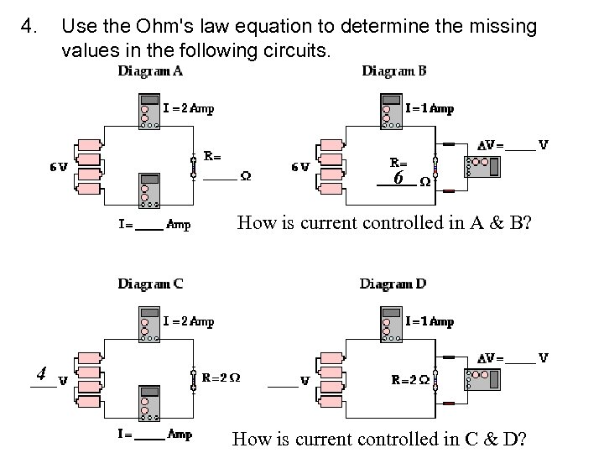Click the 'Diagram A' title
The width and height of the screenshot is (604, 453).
click(x=150, y=70)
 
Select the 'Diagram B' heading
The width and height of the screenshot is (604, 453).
click(x=393, y=70)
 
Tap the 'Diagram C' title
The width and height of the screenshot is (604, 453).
click(x=150, y=284)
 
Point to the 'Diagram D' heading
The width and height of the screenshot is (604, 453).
click(x=393, y=284)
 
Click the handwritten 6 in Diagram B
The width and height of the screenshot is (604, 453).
click(x=398, y=178)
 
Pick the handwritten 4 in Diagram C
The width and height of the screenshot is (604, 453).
click(x=40, y=372)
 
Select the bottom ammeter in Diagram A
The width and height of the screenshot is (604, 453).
click(x=149, y=190)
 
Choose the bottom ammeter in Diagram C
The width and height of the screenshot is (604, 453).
click(x=149, y=404)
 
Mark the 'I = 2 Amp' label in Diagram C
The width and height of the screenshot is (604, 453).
click(x=189, y=321)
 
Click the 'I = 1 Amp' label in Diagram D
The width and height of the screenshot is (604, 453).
click(x=430, y=321)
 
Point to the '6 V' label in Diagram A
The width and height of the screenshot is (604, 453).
click(x=58, y=166)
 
